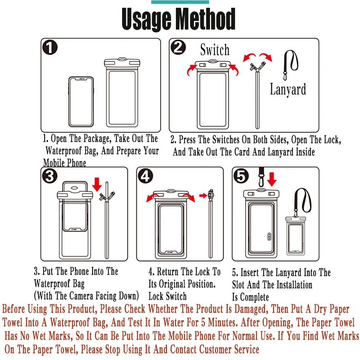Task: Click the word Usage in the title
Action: pyautogui.click(x=147, y=19)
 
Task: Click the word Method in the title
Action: pyautogui.click(x=206, y=18)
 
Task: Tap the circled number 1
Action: pyautogui.click(x=49, y=47)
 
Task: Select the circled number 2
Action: pyautogui.click(x=178, y=47)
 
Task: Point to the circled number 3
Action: pyautogui.click(x=49, y=176)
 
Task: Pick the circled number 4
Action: pyautogui.click(x=145, y=176)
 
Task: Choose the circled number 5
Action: pyautogui.click(x=241, y=176)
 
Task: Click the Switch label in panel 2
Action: pyautogui.click(x=215, y=49)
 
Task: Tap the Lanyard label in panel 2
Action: pyautogui.click(x=288, y=89)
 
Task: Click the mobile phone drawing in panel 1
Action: pyautogui.click(x=81, y=102)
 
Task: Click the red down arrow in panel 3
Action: pyautogui.click(x=97, y=184)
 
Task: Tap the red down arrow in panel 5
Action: pyautogui.click(x=272, y=179)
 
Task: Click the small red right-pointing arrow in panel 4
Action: pyautogui.click(x=203, y=196)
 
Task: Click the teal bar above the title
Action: pyautogui.click(x=180, y=2)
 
